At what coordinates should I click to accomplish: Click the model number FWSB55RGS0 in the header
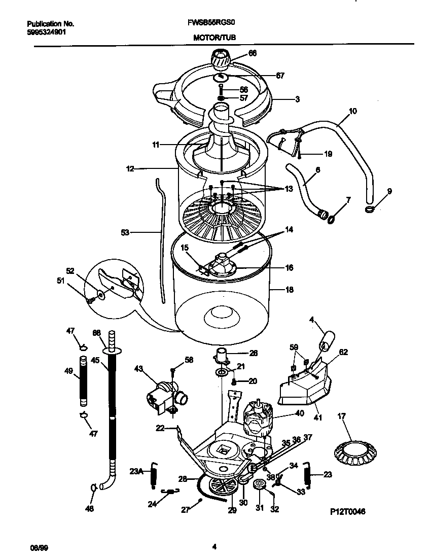coord(214,23)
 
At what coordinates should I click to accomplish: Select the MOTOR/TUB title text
coord(214,37)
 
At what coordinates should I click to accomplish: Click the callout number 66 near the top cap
coord(252,53)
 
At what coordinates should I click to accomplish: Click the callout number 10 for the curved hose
coord(353,110)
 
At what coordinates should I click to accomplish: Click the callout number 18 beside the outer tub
coord(290,290)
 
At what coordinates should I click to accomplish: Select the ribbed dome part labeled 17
coord(351,451)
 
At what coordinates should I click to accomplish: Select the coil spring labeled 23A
coord(153,477)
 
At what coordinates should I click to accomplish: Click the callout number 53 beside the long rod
coord(125,232)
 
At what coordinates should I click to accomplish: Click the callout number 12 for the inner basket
coord(130,168)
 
